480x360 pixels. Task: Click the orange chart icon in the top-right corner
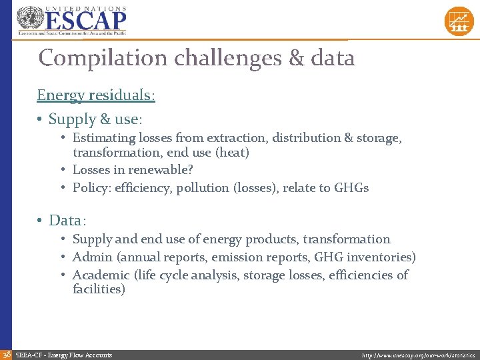[459, 21]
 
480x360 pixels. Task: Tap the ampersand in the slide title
[296, 58]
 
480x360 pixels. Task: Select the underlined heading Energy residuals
[95, 95]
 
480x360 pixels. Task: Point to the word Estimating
[103, 138]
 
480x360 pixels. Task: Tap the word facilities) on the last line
[99, 289]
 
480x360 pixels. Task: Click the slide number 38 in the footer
[6, 355]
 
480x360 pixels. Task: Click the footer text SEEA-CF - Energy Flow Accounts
[64, 355]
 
